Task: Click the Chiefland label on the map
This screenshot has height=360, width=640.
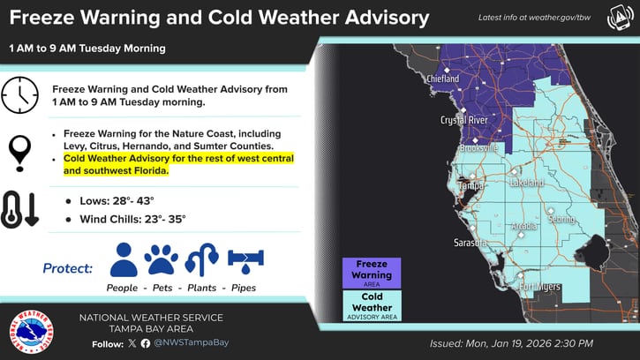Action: point(443,79)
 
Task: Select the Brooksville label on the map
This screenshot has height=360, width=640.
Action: point(478,148)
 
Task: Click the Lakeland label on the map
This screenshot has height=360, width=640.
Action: point(525,183)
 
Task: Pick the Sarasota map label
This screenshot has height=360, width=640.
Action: point(471,242)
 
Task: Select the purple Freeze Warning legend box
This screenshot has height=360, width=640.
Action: point(372,274)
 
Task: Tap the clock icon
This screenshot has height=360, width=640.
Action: point(19,95)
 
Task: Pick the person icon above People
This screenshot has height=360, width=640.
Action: point(124,259)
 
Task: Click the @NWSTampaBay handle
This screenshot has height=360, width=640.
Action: point(191,342)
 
